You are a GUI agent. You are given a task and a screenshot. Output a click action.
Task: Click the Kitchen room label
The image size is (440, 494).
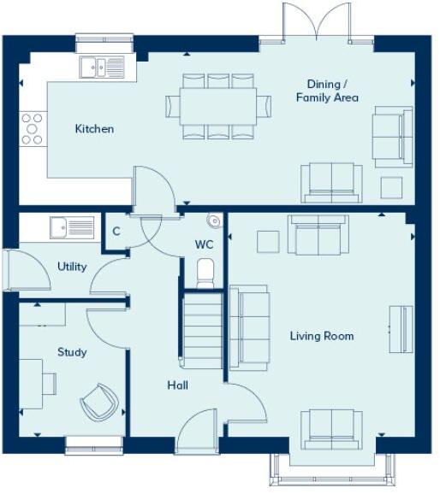click(x=94, y=129)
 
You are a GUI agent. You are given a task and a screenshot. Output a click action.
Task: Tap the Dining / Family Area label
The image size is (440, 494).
click(x=327, y=91)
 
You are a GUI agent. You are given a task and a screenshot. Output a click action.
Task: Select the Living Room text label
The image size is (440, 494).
click(x=321, y=336)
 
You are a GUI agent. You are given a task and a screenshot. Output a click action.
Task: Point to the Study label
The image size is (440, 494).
click(x=72, y=351)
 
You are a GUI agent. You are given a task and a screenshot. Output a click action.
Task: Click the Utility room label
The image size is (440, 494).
click(x=72, y=267)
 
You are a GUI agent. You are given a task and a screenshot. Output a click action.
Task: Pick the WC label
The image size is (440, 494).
click(x=204, y=244)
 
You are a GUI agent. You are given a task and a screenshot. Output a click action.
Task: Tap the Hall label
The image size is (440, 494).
click(x=177, y=385)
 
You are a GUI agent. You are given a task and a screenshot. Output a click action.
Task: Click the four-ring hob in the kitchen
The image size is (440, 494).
click(x=33, y=128)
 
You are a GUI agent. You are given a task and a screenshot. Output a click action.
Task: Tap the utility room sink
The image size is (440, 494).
click(x=71, y=226)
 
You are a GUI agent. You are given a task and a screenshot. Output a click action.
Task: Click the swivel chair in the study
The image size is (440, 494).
click(x=98, y=400)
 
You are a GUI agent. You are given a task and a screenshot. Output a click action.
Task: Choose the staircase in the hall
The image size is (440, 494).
click(x=203, y=330)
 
